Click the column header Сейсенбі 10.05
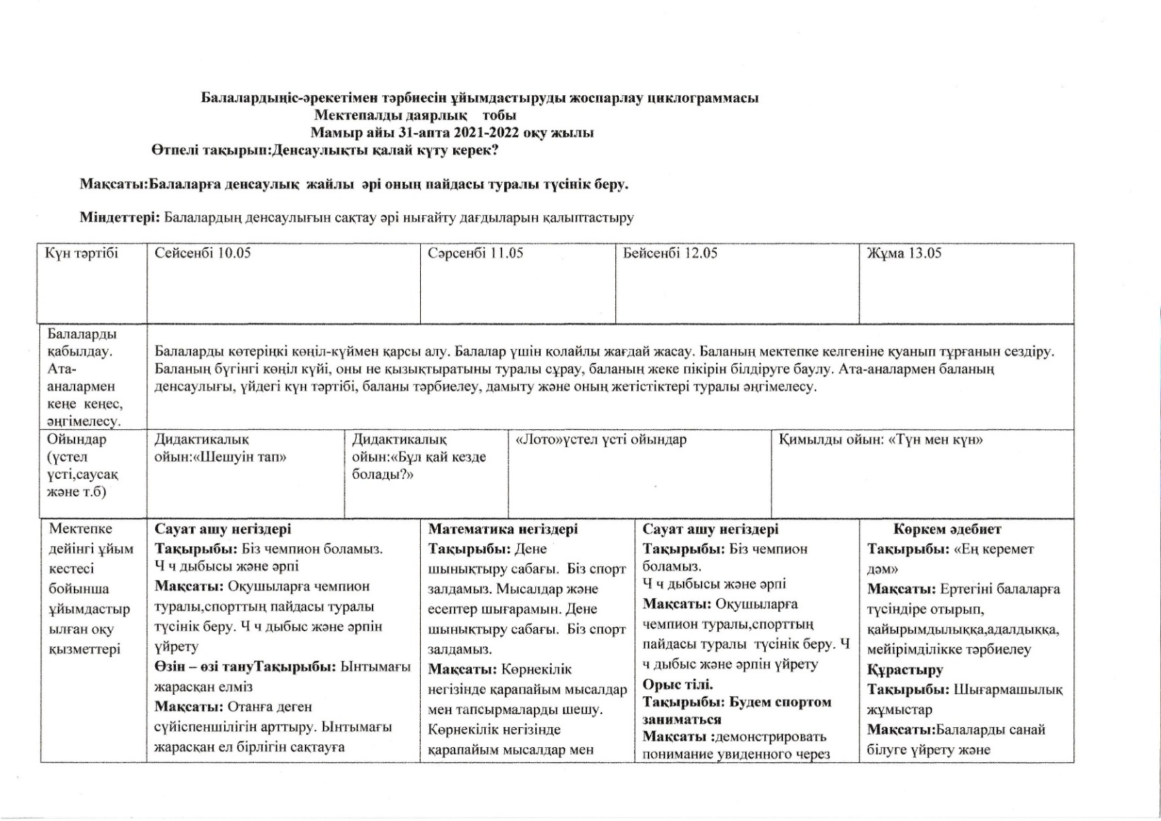(x=202, y=253)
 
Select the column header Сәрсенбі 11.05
(x=475, y=253)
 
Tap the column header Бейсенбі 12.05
(x=670, y=253)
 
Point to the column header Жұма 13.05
(x=904, y=253)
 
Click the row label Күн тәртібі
(x=81, y=253)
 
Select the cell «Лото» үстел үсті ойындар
(x=601, y=439)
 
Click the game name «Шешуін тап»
(x=242, y=457)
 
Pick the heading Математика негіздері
(x=503, y=529)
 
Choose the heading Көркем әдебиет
(x=947, y=529)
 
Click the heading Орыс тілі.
(x=677, y=684)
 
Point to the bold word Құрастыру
(x=904, y=670)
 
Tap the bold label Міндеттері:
(x=120, y=218)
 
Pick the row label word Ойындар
(x=77, y=439)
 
